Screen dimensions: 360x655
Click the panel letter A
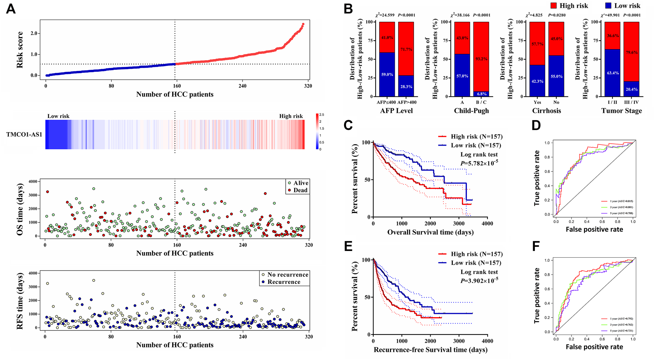[11, 9]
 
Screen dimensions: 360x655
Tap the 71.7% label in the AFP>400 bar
[406, 49]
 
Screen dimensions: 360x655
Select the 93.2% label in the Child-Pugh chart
[481, 59]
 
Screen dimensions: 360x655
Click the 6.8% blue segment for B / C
[481, 94]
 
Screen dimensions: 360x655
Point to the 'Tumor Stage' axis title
[621, 111]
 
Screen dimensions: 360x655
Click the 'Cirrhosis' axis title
[546, 111]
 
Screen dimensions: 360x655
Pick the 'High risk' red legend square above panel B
[554, 6]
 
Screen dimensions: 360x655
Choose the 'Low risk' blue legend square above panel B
[608, 6]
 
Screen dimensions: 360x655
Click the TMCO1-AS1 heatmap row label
[24, 135]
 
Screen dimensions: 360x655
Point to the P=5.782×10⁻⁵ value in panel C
[479, 163]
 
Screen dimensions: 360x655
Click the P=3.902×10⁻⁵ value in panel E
[479, 281]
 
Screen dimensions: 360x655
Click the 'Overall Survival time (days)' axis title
[430, 232]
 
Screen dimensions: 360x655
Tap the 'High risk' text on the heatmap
[291, 116]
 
